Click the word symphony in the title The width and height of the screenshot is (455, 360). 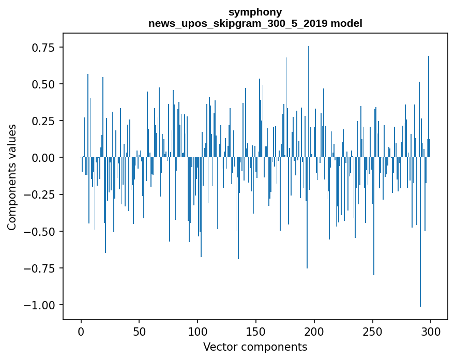coord(255,12)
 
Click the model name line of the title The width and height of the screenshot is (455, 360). coord(255,23)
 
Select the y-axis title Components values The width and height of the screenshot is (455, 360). coord(12,177)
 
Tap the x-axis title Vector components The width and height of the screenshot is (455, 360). coord(255,347)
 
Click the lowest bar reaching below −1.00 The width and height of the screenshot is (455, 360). coord(420,259)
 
